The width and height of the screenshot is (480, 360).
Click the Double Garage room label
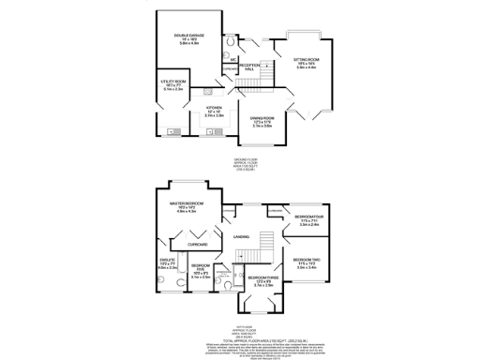click(x=188, y=38)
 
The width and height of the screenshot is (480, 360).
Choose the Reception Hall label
click(x=249, y=67)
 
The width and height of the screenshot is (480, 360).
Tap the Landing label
click(x=242, y=237)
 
